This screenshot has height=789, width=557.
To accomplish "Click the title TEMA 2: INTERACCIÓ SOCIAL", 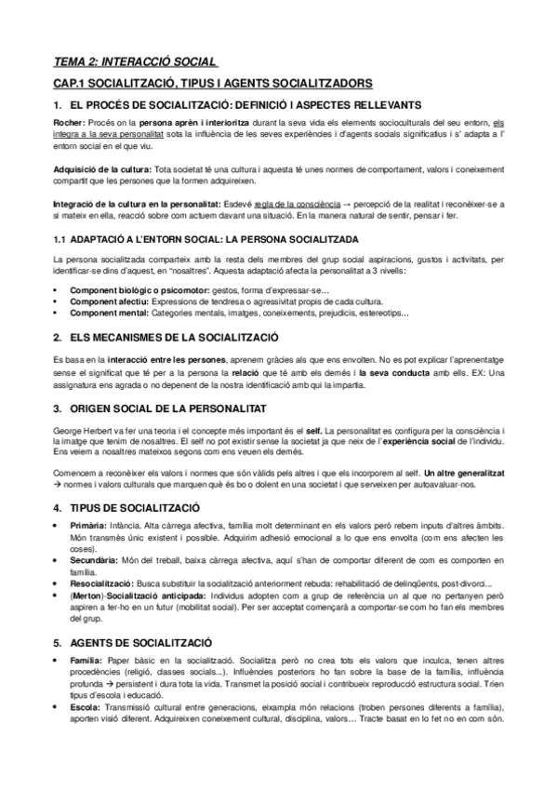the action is point(135,62).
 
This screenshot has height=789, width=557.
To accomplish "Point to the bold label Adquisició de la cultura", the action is point(102,169).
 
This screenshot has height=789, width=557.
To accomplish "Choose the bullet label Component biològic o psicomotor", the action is point(127,290).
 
